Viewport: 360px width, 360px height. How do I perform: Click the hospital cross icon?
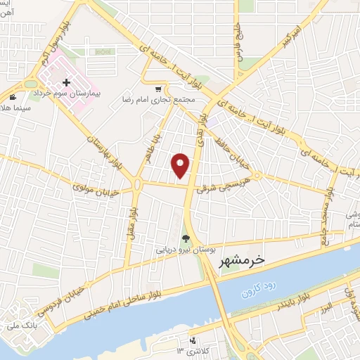(67, 83)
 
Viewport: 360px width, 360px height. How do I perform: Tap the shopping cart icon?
(159, 89)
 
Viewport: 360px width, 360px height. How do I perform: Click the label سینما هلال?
(15, 105)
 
